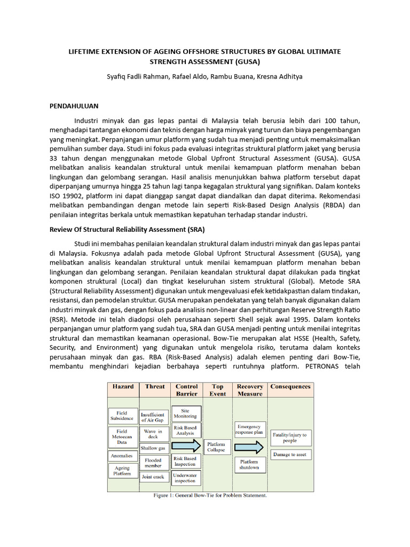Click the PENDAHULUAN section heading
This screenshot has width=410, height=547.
[74, 106]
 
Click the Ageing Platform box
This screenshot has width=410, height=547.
[122, 471]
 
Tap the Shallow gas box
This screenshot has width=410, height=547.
[154, 448]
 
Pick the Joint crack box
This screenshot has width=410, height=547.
[153, 476]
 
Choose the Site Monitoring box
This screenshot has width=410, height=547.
[185, 413]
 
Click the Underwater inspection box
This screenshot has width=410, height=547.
[185, 478]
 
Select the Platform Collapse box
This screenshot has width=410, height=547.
[216, 447]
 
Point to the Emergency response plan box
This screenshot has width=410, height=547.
[249, 429]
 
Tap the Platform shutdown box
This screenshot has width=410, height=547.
[249, 464]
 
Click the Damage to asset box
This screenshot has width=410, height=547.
[289, 455]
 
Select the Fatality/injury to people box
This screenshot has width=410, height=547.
[289, 437]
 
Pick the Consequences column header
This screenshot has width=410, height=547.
[290, 387]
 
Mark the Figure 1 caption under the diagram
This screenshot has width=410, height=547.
[210, 495]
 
